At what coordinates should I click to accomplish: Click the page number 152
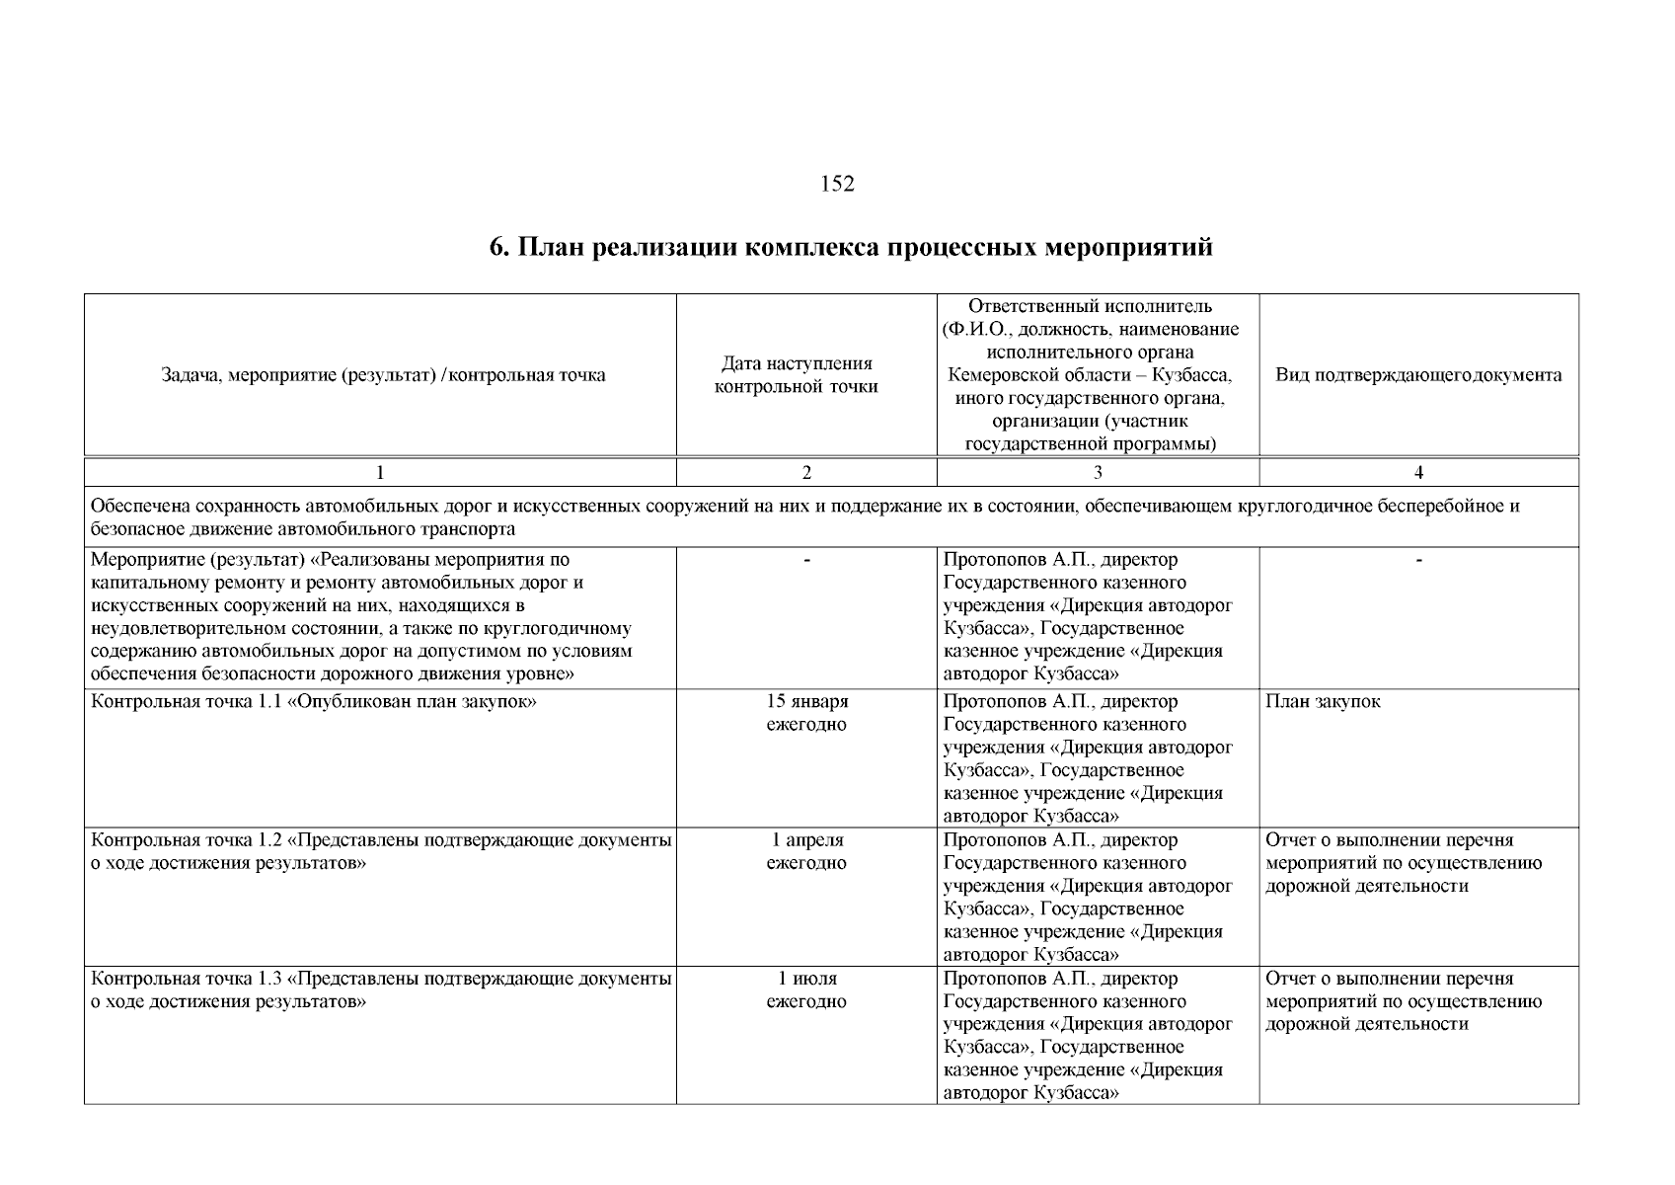837,184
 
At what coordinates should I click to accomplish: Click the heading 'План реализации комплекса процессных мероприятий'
851,247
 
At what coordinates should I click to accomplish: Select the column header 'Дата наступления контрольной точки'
796,375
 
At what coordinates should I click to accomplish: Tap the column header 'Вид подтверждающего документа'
1418,375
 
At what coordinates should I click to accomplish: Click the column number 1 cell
380,473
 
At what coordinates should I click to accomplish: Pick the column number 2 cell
806,473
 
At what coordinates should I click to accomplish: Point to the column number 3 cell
1098,473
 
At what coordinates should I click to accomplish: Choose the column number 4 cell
1418,473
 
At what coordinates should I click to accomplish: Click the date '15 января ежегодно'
806,713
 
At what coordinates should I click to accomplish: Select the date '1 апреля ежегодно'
806,851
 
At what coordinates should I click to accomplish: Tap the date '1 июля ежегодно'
806,989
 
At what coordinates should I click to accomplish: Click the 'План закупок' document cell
1323,702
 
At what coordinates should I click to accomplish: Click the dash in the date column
806,561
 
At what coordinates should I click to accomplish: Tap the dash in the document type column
1418,561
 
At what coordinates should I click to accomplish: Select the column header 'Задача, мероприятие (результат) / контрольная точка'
383,375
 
